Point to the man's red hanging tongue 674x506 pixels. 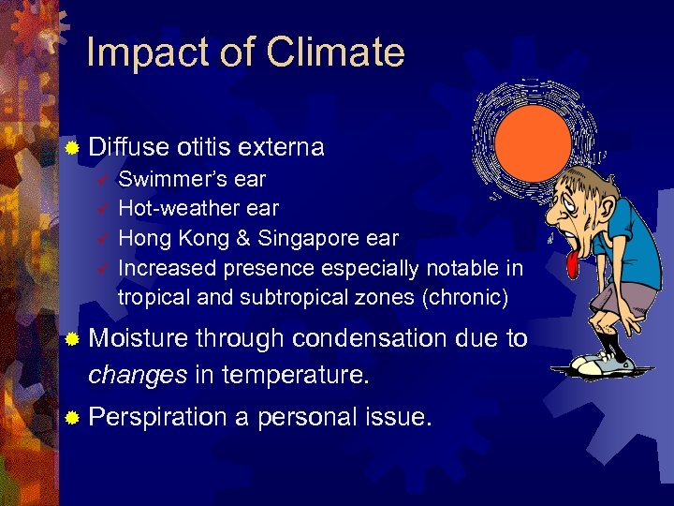pos(571,266)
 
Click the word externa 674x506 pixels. pos(281,148)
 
